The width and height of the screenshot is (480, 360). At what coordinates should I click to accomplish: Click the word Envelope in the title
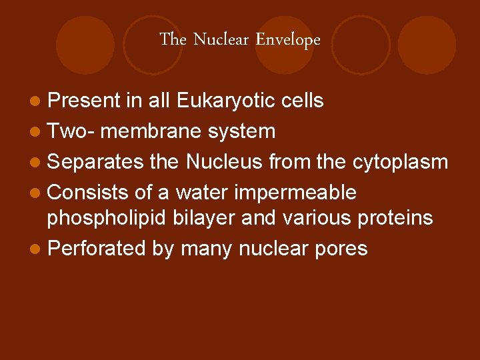click(x=288, y=40)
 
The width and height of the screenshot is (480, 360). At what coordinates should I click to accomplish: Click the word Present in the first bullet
click(x=84, y=101)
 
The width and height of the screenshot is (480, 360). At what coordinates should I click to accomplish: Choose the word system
click(x=241, y=131)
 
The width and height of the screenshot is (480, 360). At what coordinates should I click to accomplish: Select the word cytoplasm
click(x=399, y=162)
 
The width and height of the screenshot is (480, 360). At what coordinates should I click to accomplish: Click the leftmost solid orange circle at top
click(x=85, y=45)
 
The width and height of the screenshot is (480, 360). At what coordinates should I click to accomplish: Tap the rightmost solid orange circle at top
click(x=427, y=45)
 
